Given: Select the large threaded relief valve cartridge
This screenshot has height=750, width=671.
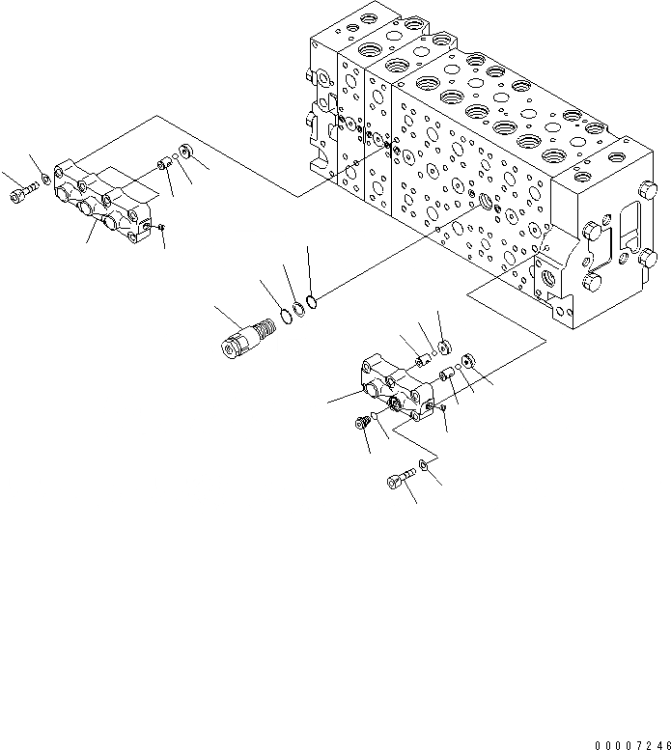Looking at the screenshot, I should [x=247, y=334].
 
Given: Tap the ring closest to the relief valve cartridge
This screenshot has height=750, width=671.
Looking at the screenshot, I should [x=286, y=316].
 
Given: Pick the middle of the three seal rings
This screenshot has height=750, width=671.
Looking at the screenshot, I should [x=299, y=310].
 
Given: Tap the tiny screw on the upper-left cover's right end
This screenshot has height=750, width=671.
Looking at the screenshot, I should [x=161, y=227].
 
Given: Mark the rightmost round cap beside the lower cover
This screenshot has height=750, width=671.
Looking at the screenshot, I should [x=468, y=362].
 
